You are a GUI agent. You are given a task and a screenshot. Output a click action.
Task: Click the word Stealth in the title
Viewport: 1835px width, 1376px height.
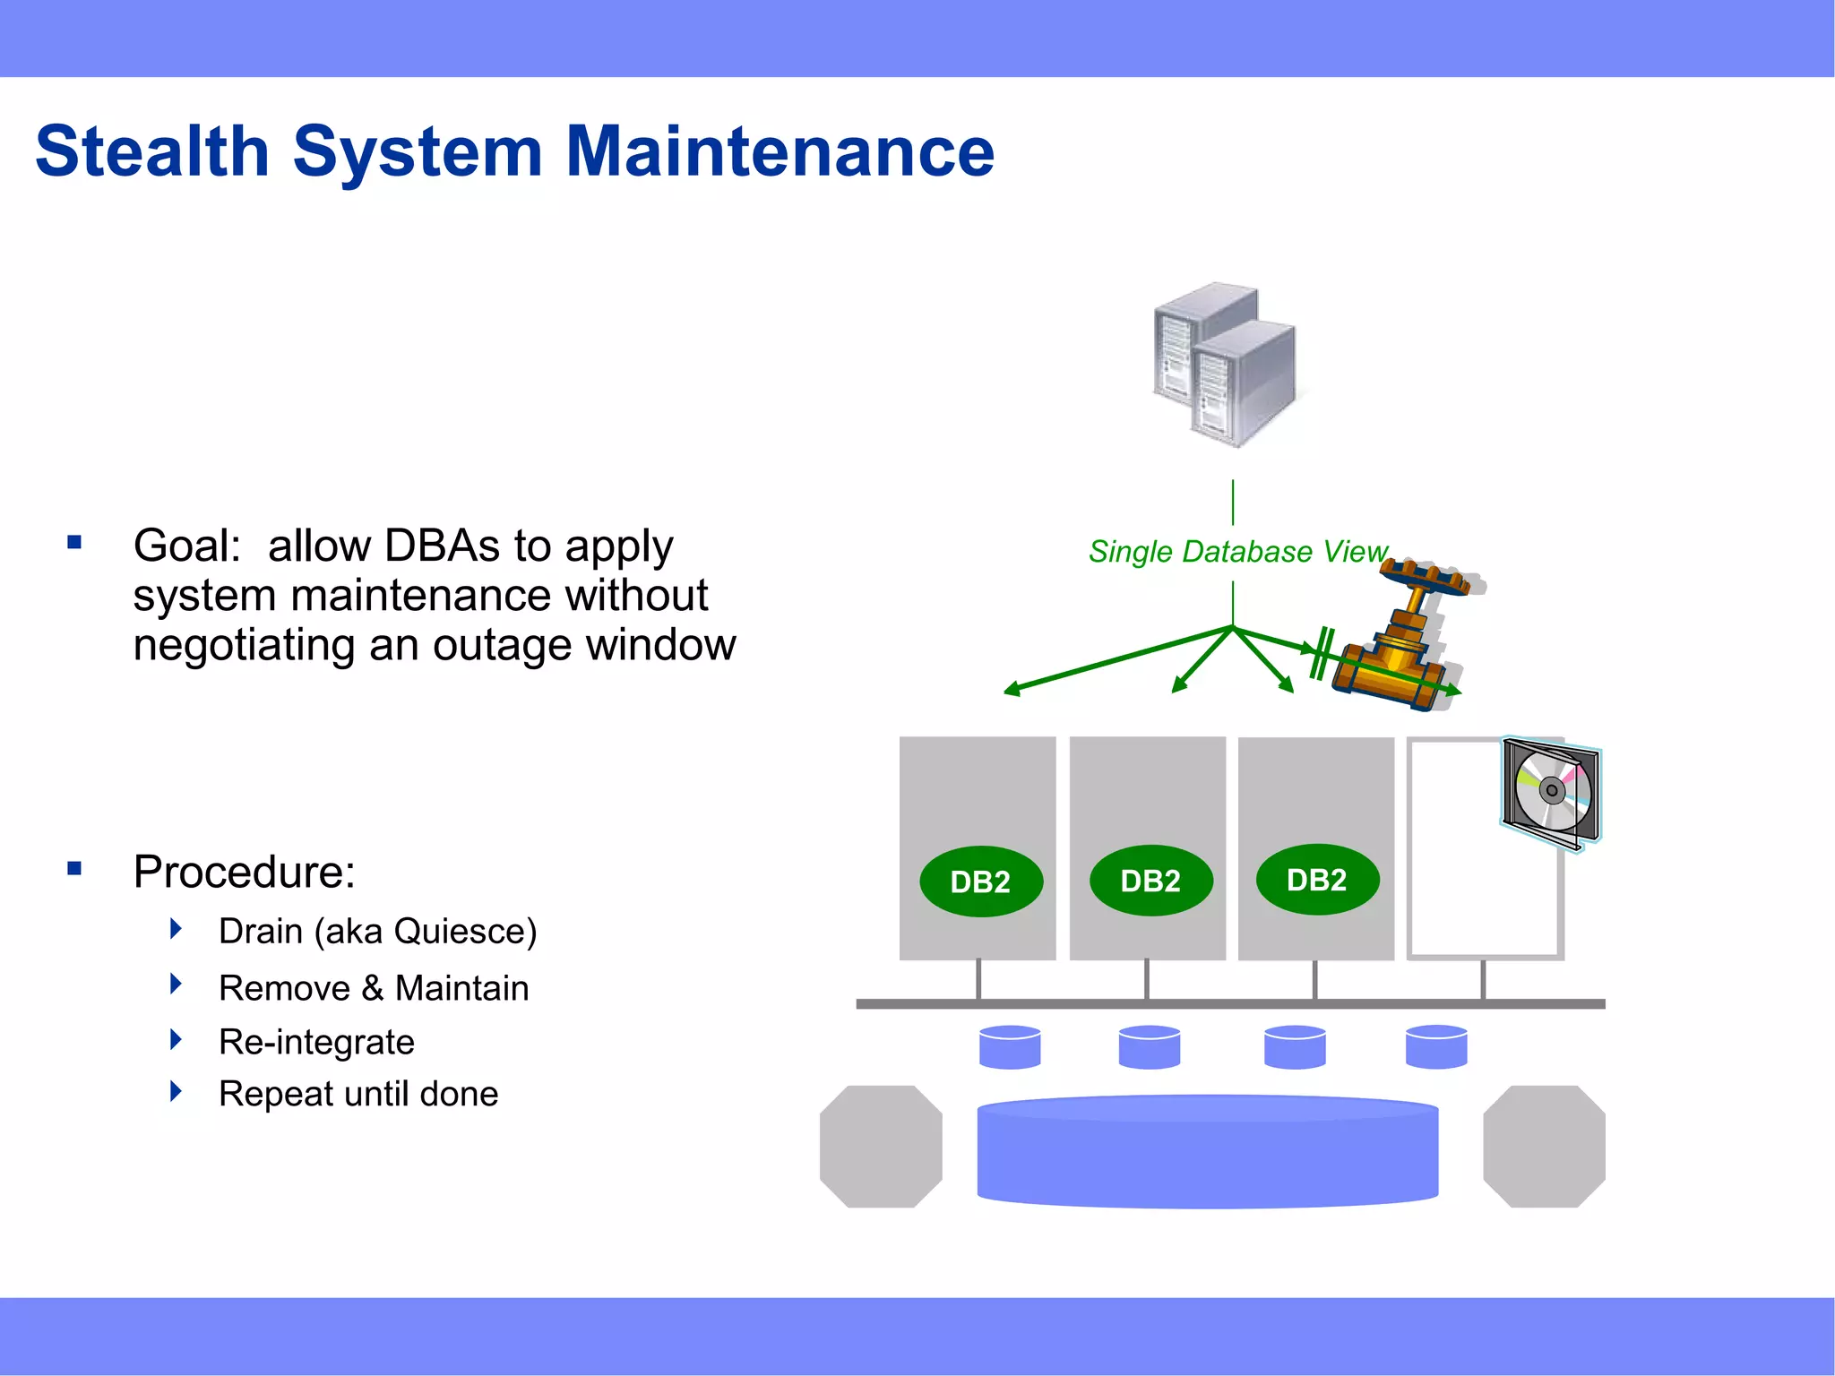pyautogui.click(x=152, y=151)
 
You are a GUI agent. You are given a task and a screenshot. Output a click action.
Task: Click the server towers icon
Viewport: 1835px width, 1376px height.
pyautogui.click(x=1225, y=365)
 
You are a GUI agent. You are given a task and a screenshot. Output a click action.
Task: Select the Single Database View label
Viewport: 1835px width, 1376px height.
pyautogui.click(x=1237, y=552)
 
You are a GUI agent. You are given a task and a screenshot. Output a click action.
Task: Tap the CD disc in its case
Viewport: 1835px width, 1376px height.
pyautogui.click(x=1551, y=791)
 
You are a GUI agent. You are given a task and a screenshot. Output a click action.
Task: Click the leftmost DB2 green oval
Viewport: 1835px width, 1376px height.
pyautogui.click(x=980, y=881)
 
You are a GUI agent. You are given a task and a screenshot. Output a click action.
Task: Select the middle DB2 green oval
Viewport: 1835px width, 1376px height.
pyautogui.click(x=1150, y=881)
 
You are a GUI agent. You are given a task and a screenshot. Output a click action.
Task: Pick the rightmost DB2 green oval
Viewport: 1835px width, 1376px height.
pyautogui.click(x=1316, y=880)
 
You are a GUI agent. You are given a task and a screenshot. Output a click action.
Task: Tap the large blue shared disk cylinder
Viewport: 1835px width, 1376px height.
pyautogui.click(x=1207, y=1152)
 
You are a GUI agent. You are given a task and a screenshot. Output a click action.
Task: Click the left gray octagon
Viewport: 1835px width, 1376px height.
pyautogui.click(x=881, y=1147)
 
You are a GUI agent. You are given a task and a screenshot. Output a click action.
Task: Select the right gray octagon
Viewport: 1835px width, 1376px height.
pyautogui.click(x=1544, y=1147)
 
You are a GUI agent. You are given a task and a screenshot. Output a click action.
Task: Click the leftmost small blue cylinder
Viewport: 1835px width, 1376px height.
pyautogui.click(x=1010, y=1047)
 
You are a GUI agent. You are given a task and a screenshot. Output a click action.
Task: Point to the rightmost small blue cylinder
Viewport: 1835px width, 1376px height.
pyautogui.click(x=1436, y=1047)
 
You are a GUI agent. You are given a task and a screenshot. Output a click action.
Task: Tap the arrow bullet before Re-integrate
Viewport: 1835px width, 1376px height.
pyautogui.click(x=176, y=1039)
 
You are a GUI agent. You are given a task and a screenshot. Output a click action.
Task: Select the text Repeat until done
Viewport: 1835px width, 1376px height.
pyautogui.click(x=358, y=1094)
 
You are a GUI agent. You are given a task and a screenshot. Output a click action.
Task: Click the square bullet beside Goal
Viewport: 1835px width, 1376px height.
pyautogui.click(x=74, y=542)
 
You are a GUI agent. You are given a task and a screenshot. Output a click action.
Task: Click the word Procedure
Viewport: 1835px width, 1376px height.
pyautogui.click(x=244, y=872)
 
